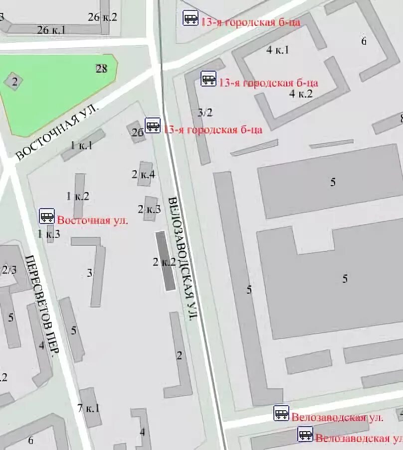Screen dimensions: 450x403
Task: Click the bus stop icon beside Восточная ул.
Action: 47,216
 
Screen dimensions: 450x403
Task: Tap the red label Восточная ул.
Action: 92,220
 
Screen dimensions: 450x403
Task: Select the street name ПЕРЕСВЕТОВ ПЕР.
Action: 42,305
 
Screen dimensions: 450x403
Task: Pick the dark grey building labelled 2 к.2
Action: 166,261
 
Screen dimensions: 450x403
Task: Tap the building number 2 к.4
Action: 144,174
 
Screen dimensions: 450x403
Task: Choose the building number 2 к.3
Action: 149,209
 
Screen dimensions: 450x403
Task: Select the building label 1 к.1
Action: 82,145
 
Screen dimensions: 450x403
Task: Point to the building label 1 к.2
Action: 78,196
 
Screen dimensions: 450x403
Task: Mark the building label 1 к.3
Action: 49,233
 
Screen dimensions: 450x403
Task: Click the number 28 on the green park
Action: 101,69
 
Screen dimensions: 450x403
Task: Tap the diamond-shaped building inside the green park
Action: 14,82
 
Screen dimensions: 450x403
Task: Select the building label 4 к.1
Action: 278,49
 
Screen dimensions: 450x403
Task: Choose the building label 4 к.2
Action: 301,93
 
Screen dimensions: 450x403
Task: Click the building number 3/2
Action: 204,112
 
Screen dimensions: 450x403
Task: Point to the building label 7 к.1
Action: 89,408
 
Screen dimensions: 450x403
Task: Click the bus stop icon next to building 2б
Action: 153,125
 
